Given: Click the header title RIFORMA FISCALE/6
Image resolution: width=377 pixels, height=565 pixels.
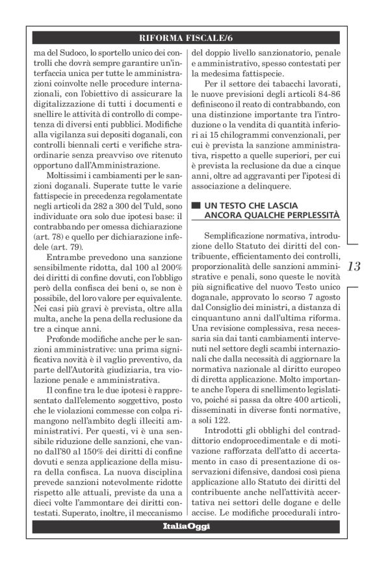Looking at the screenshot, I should coord(188,36).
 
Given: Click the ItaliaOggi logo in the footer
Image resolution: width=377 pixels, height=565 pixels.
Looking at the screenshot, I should coord(187,526).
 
